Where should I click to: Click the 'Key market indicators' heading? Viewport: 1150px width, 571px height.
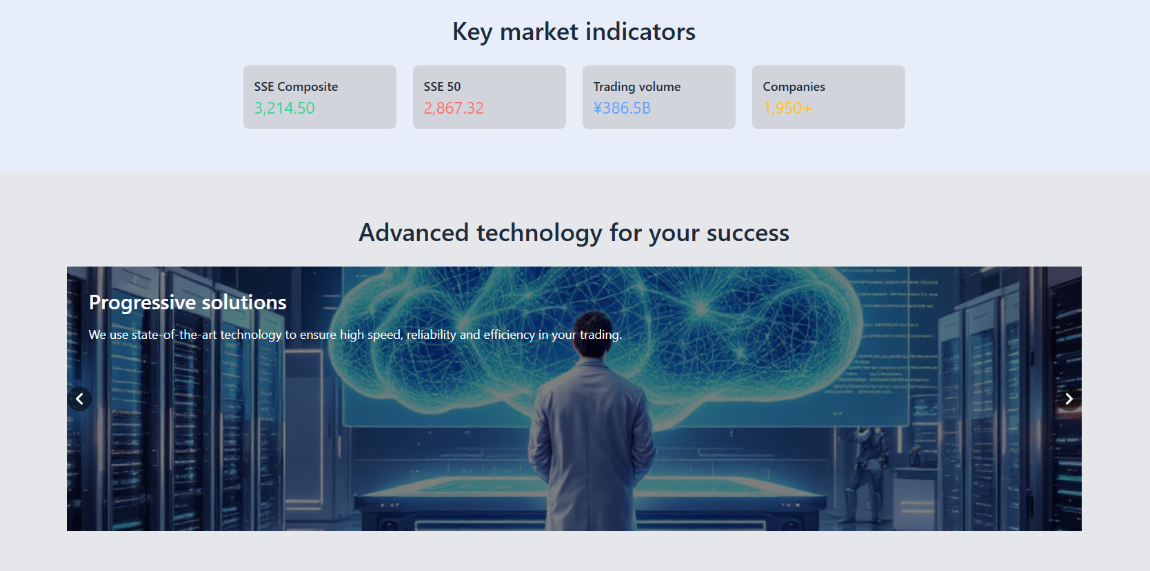click(x=574, y=32)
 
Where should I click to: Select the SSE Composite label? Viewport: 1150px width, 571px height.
click(x=296, y=87)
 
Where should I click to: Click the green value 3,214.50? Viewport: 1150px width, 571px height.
click(x=285, y=108)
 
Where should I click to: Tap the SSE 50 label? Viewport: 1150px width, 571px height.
click(x=442, y=87)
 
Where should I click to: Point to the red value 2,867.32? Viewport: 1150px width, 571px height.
click(x=454, y=108)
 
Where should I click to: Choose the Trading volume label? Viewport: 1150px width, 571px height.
click(x=636, y=87)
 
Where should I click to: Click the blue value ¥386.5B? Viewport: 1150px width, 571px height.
click(x=622, y=108)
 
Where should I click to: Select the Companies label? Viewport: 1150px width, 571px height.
click(x=794, y=87)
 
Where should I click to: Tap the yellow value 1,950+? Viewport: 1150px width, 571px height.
click(x=787, y=108)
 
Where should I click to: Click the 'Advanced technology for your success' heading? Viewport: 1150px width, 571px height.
click(x=574, y=233)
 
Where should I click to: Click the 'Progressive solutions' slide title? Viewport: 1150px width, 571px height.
click(x=188, y=302)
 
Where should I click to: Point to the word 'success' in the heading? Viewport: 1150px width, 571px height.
click(x=747, y=233)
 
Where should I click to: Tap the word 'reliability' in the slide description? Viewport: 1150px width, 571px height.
click(x=432, y=335)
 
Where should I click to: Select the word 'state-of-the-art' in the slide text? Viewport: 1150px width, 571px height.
click(x=174, y=335)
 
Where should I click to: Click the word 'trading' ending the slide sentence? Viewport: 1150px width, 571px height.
click(x=601, y=335)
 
